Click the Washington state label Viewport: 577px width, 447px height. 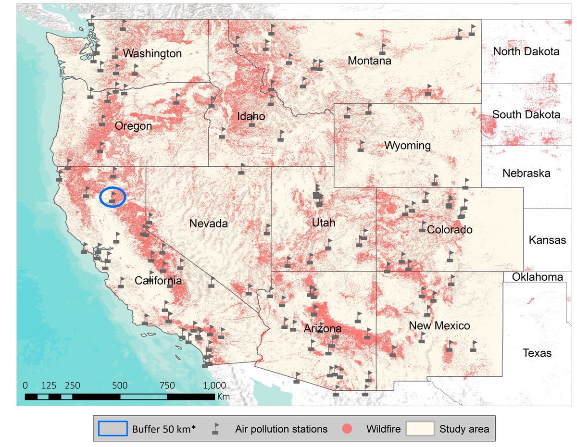152,53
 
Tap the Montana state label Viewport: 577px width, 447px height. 369,61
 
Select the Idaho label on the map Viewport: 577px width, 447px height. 251,116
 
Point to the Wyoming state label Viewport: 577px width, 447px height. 407,145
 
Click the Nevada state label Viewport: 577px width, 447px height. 208,223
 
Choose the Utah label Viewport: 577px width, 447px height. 323,223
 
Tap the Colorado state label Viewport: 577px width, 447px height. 450,230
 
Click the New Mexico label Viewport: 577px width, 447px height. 439,326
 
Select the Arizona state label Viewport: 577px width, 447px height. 323,329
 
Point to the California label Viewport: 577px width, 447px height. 158,281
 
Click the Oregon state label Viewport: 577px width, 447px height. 133,126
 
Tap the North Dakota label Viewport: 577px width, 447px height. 527,51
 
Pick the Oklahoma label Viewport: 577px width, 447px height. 537,277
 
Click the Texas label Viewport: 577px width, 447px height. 537,354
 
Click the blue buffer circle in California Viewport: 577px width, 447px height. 113,197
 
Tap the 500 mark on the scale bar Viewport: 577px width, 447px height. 120,385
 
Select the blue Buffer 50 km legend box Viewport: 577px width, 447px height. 113,428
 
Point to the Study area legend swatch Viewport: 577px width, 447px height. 420,428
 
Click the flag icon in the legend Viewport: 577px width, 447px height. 216,428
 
